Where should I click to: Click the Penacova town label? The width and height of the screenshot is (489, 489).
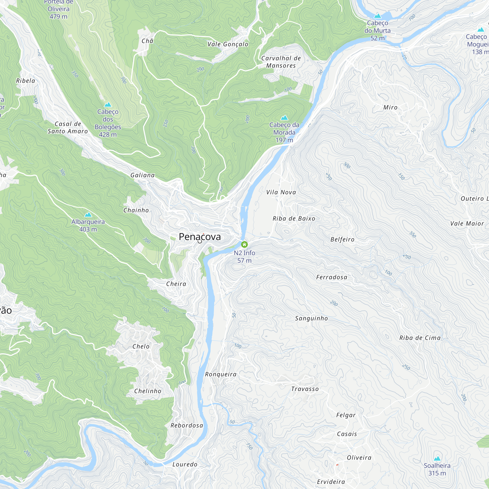(x=200, y=237)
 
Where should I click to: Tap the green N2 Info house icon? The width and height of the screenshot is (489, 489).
(x=244, y=244)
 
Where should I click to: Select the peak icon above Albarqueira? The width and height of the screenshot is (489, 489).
(x=88, y=215)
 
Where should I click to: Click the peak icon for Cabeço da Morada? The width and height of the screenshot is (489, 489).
(x=284, y=118)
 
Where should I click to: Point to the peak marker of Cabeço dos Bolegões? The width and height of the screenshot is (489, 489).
(x=108, y=105)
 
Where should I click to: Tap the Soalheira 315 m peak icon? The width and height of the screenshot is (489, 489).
(x=437, y=458)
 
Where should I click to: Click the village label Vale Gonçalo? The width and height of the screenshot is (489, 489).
(x=228, y=44)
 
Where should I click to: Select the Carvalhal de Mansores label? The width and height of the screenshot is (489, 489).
(x=281, y=62)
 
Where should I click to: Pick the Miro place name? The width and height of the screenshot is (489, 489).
(x=390, y=108)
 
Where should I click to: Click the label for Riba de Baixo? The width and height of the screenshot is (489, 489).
(x=294, y=218)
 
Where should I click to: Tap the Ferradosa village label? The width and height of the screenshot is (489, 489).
(x=332, y=277)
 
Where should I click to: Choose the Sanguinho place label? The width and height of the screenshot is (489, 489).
(x=311, y=318)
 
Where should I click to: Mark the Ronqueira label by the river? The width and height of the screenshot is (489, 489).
(x=221, y=374)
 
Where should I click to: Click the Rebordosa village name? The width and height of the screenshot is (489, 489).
(x=187, y=425)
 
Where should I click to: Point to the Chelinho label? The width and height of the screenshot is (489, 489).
(x=148, y=391)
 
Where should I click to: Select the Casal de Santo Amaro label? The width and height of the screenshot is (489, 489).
(x=67, y=128)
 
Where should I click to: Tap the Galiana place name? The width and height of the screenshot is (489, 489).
(x=143, y=175)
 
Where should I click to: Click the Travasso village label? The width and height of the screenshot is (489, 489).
(x=305, y=389)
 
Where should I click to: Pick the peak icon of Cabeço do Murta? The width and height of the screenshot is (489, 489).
(x=377, y=16)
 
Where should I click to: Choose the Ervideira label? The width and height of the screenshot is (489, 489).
(x=331, y=482)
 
